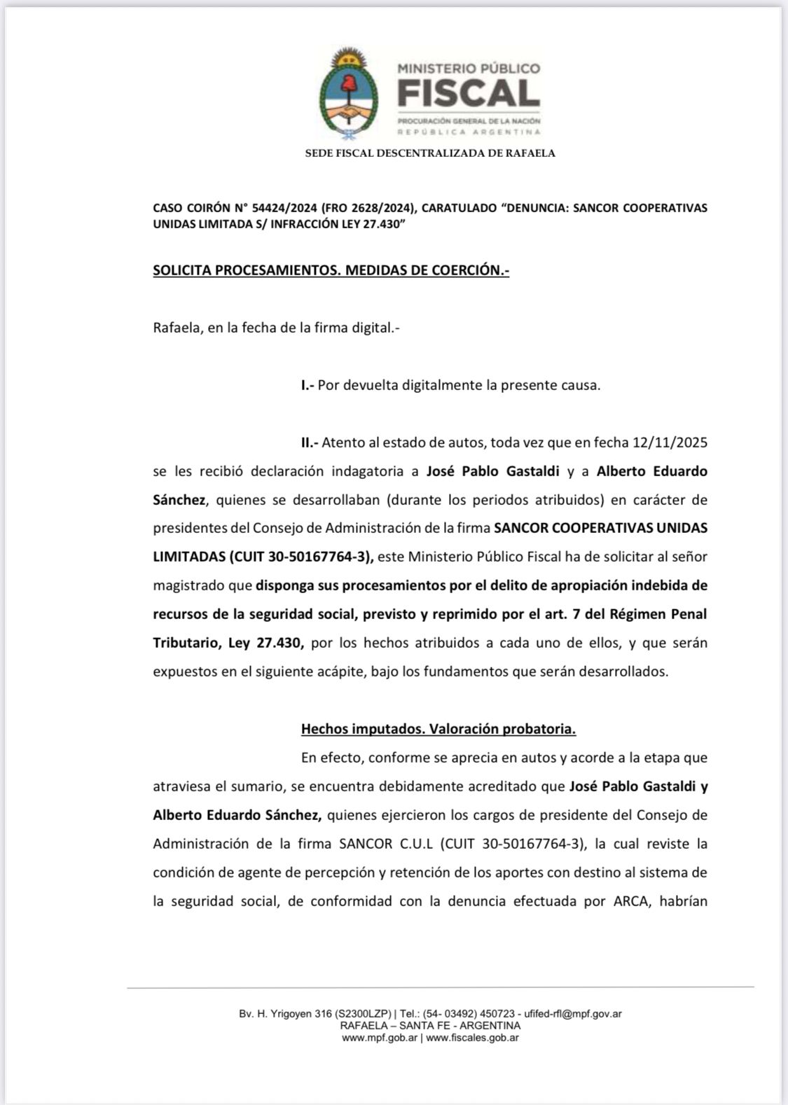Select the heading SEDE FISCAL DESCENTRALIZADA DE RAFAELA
pyautogui.click(x=430, y=153)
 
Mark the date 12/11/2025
pyautogui.click(x=670, y=443)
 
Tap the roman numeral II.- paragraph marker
pyautogui.click(x=310, y=443)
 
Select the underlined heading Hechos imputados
pyautogui.click(x=361, y=729)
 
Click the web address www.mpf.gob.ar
pyautogui.click(x=380, y=1038)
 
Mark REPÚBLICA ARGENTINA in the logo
pyautogui.click(x=469, y=132)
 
